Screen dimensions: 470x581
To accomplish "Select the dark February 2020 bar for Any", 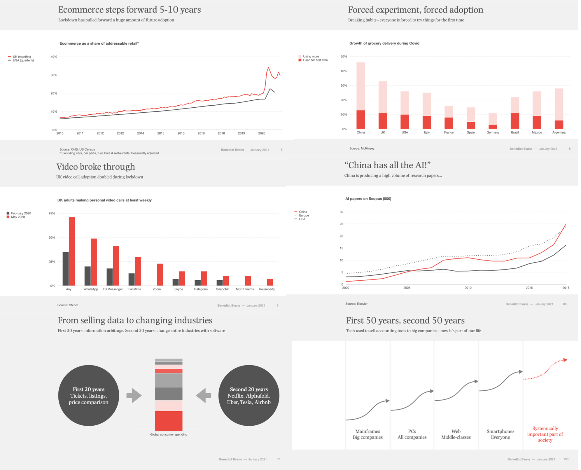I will [66, 269].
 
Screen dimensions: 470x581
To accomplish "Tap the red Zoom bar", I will [160, 275].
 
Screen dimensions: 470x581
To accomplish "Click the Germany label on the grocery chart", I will [493, 132].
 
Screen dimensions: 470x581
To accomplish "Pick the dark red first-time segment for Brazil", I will [515, 121].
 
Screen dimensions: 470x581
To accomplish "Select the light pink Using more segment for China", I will [361, 86].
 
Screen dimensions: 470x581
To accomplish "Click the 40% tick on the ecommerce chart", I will [54, 57].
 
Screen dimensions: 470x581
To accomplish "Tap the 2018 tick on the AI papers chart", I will [566, 288].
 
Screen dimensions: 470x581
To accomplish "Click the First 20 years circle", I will [89, 396].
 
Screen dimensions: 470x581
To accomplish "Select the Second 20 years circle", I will [249, 396].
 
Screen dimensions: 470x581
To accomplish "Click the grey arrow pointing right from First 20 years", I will [134, 396].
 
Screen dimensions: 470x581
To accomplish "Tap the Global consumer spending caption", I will [169, 434].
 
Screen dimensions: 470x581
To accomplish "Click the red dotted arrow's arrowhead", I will [565, 360].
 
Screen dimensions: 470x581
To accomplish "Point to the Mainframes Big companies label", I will [367, 434].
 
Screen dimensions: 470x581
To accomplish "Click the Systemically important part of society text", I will [545, 434].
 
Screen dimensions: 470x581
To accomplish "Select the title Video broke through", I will [96, 167].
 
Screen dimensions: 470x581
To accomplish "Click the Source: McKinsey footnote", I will [362, 148].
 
